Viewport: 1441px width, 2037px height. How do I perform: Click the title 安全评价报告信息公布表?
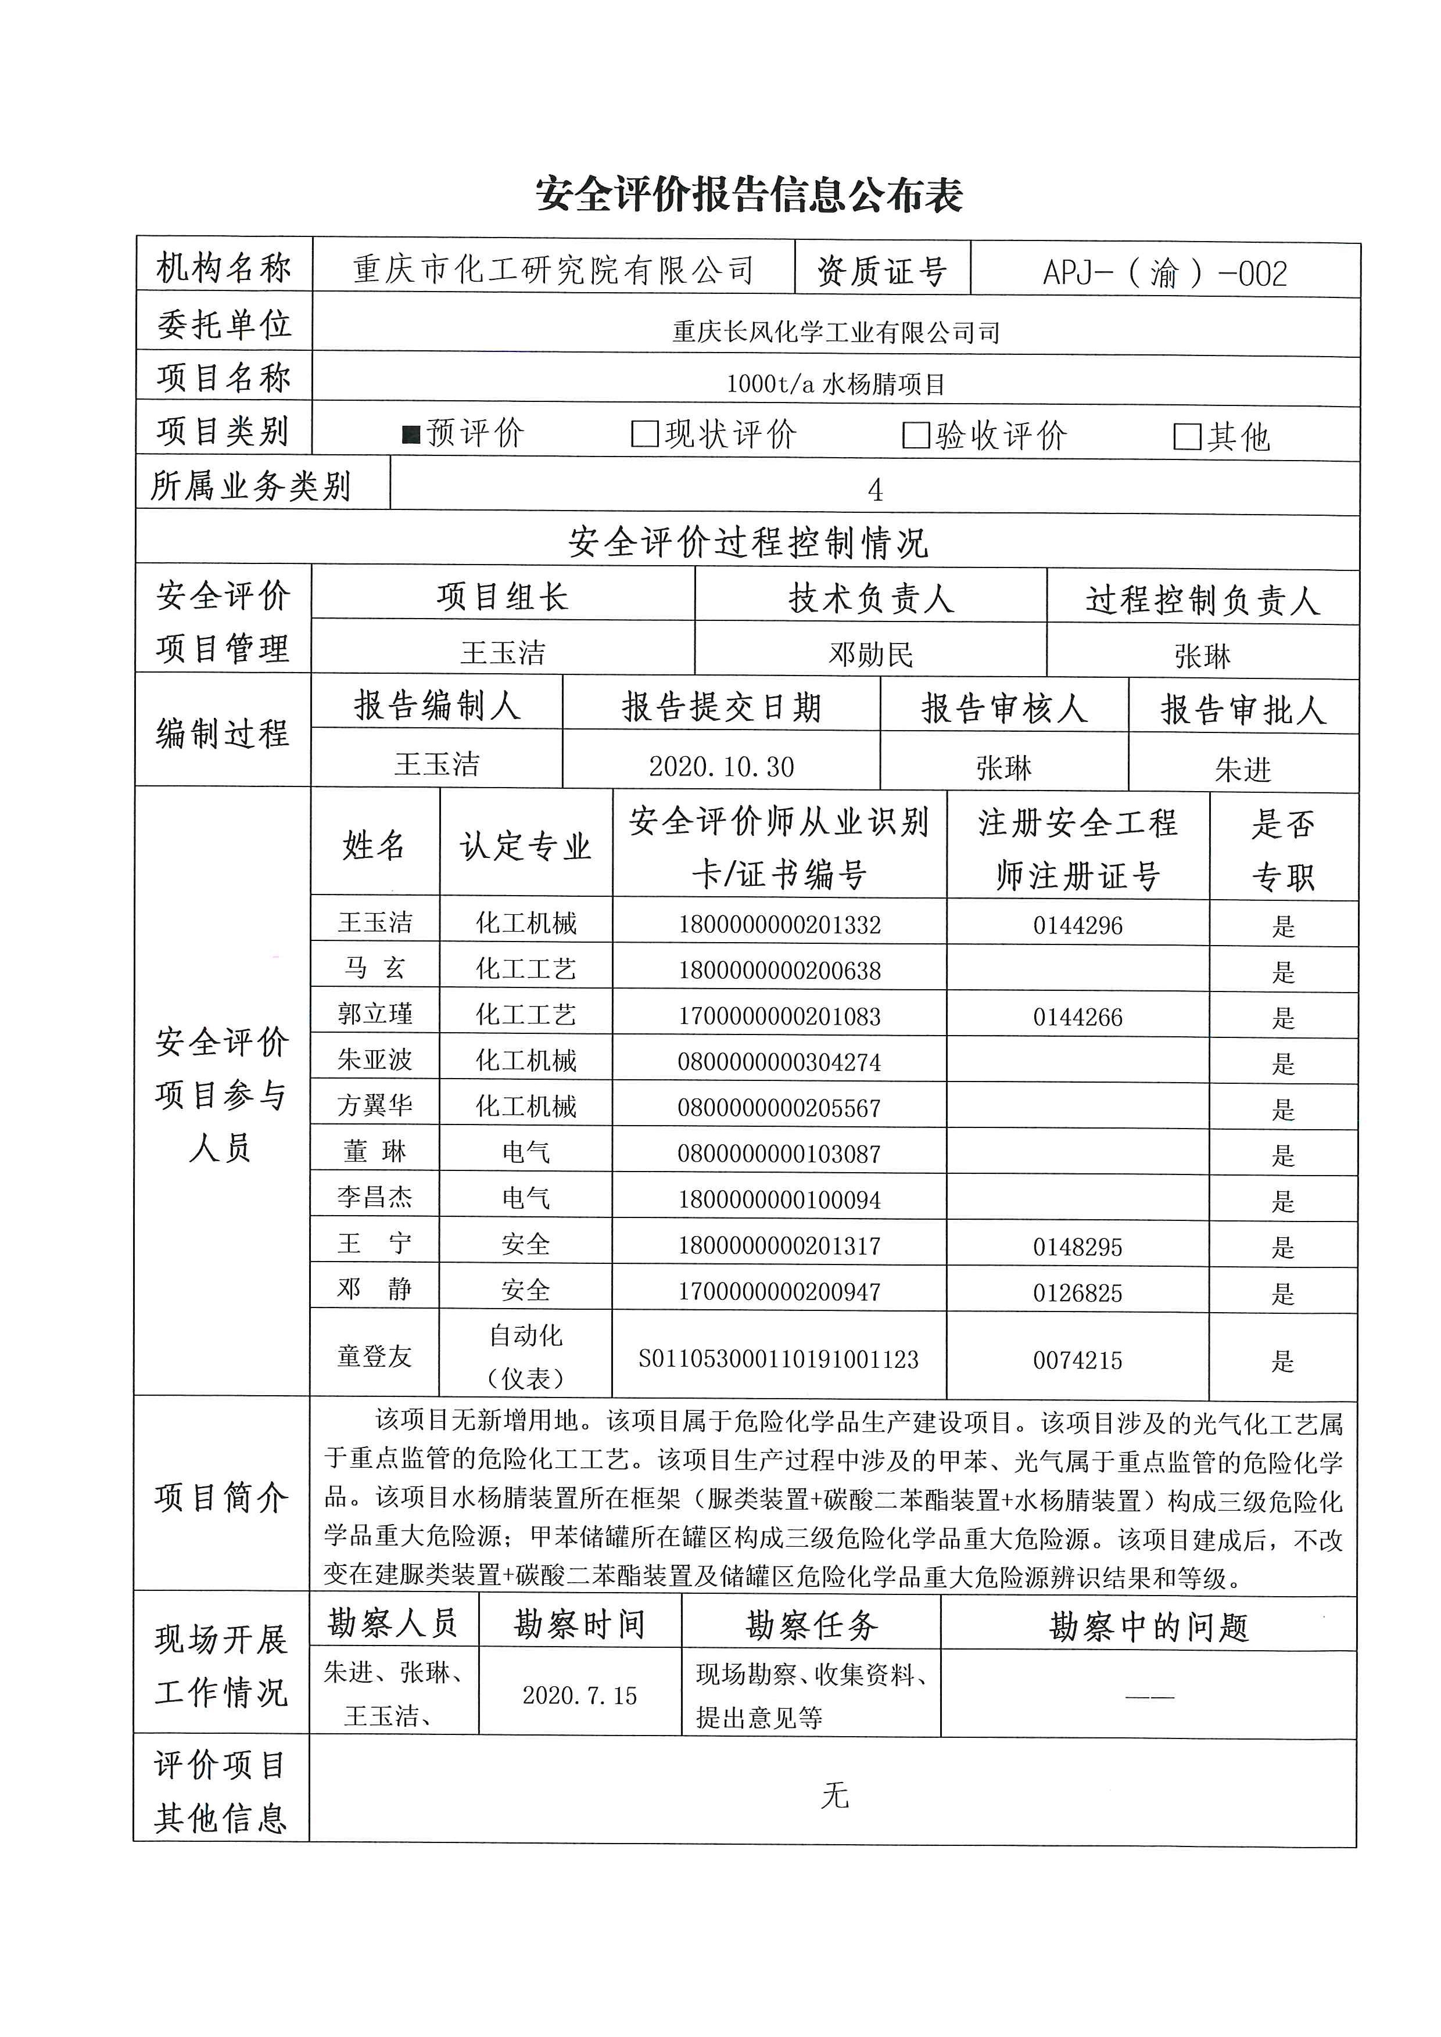(749, 195)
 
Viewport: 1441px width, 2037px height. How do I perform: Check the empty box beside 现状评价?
(644, 434)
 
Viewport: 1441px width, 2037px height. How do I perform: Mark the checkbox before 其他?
(1187, 437)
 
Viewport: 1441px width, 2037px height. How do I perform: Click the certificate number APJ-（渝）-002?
(1165, 273)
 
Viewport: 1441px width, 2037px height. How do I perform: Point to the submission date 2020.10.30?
(722, 767)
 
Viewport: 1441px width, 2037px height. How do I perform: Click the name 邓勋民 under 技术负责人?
(870, 655)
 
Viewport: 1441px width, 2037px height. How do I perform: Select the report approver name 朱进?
(1243, 769)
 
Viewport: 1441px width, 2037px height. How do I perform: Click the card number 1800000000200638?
(779, 971)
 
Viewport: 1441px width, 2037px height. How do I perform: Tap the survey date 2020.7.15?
(579, 1695)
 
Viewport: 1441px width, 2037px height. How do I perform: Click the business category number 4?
(875, 490)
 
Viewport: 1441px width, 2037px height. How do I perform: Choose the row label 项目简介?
(221, 1499)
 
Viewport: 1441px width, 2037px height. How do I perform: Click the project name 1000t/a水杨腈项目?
(836, 384)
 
